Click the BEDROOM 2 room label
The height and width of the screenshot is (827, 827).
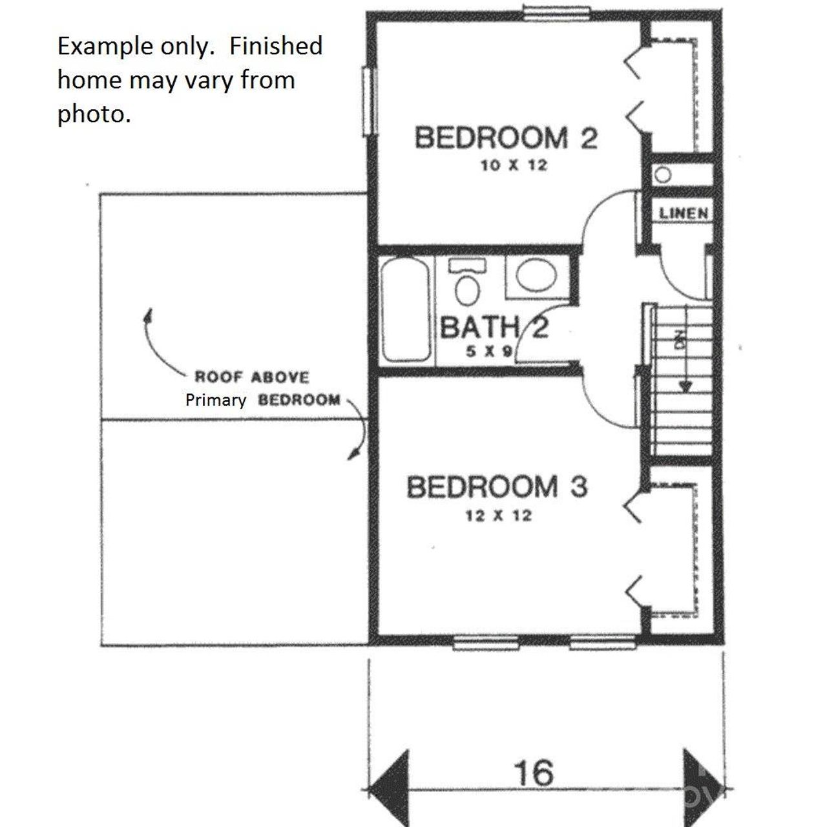coord(505,138)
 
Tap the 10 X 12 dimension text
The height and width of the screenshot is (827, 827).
coord(514,165)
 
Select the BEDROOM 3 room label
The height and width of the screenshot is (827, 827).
coord(497,487)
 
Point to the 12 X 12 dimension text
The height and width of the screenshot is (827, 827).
coord(498,516)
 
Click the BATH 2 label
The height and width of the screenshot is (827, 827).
coord(494,328)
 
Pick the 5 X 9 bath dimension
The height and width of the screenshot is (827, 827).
coord(489,353)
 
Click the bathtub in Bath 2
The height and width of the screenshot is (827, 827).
coord(405,311)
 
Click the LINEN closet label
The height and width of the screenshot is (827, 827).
coord(684,213)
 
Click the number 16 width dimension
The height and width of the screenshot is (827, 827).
coord(534,772)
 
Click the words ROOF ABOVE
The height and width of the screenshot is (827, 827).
coord(252,377)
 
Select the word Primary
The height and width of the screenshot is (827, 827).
coord(216,401)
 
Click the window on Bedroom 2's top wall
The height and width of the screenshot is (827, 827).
coord(556,13)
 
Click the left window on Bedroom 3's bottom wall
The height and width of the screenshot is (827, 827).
coord(486,642)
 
